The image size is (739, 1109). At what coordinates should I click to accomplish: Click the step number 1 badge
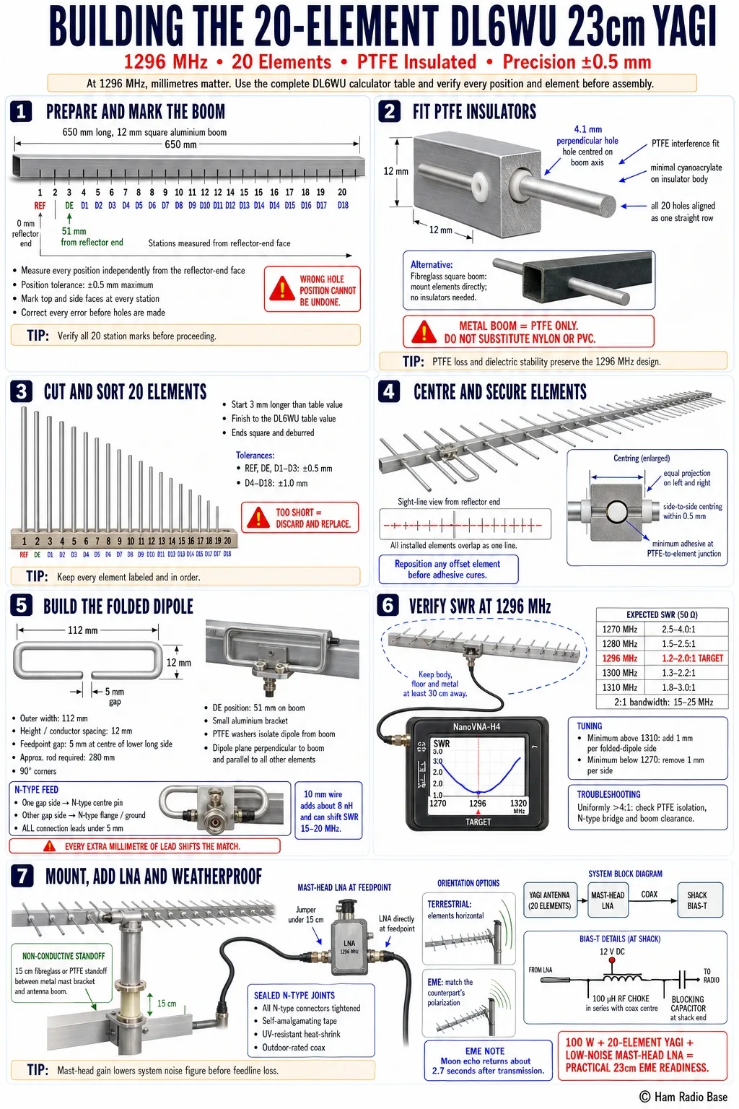pos(21,112)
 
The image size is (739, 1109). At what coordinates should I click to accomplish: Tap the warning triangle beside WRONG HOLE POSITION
pos(281,289)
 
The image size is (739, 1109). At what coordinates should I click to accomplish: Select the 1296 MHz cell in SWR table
pos(620,658)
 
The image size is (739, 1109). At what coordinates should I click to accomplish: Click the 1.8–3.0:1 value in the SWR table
pos(678,687)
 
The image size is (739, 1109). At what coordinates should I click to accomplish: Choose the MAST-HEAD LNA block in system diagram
pos(608,900)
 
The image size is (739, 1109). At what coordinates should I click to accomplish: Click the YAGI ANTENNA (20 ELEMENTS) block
pos(549,900)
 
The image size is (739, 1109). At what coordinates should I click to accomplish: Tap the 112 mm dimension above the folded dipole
pos(83,630)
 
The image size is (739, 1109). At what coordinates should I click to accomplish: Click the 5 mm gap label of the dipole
pos(114,695)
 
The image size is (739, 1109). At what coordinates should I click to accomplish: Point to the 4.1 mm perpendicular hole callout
pos(587,135)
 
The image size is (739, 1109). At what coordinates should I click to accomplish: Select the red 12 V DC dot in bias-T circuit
pos(612,960)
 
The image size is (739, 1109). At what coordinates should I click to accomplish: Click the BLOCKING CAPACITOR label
pos(688,1004)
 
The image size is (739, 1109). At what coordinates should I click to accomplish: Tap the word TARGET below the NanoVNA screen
pos(478,822)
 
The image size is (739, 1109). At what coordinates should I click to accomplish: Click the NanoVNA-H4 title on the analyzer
pos(476,727)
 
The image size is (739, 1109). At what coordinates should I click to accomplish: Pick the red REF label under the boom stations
pos(40,206)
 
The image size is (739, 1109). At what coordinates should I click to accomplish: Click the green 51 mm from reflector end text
pos(92,237)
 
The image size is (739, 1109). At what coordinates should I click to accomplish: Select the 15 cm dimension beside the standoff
pos(167,1004)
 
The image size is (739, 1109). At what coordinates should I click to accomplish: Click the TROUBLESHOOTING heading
pos(609,794)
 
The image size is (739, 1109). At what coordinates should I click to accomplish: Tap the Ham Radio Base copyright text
pos(683,1097)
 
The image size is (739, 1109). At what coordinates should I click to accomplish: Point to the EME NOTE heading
pos(484,1051)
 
